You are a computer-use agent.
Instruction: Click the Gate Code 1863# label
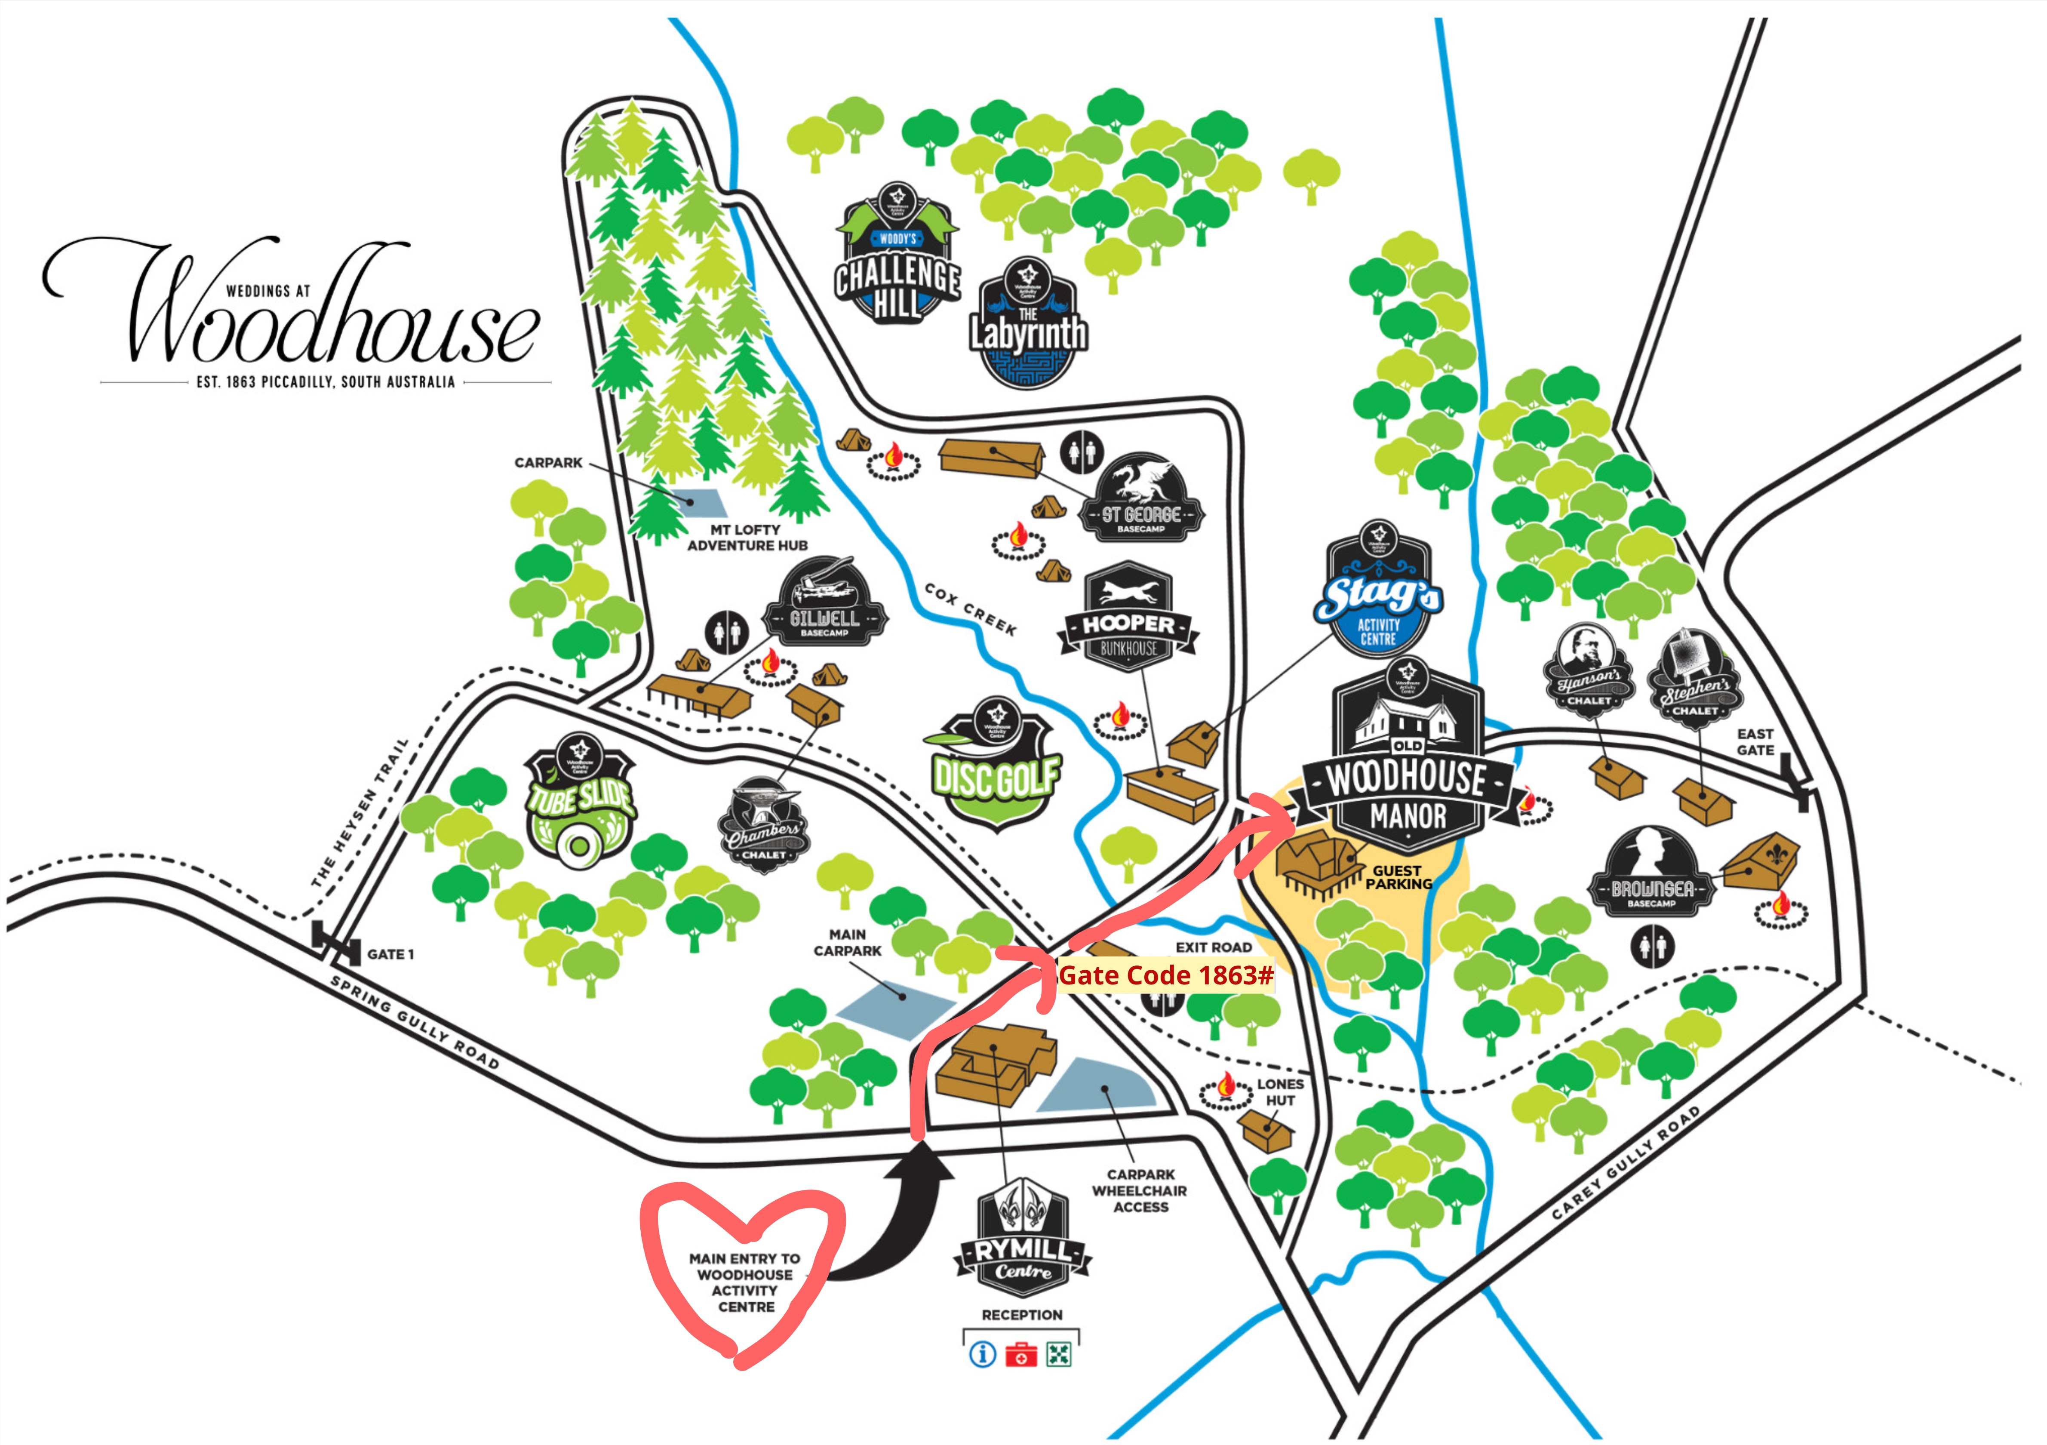click(x=1165, y=976)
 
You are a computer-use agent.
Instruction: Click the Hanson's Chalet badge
click(x=1589, y=669)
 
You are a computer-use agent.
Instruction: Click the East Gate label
click(x=1755, y=742)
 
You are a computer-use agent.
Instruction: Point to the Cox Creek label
click(x=970, y=609)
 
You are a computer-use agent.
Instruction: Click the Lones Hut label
click(x=1279, y=1092)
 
